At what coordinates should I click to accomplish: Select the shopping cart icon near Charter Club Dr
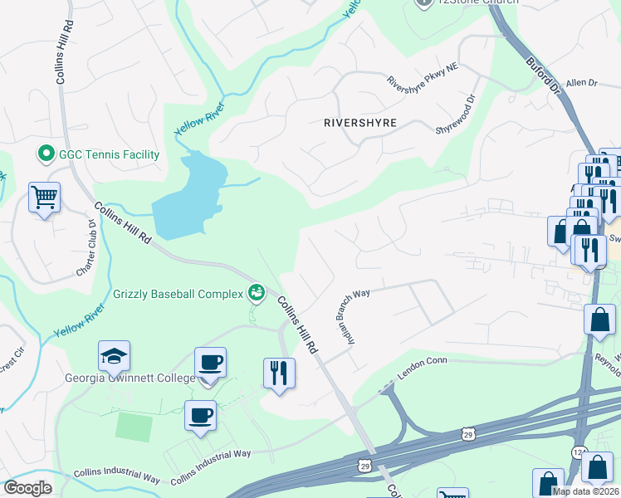coord(44,198)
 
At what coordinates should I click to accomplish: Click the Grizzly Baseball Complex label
coord(178,293)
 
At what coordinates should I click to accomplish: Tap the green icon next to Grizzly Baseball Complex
coord(257,292)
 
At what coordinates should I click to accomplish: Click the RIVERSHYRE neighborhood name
coord(359,123)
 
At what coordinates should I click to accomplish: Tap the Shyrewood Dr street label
coord(455,115)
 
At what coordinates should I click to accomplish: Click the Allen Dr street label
coord(581,83)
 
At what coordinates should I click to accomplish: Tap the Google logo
coord(27,488)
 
